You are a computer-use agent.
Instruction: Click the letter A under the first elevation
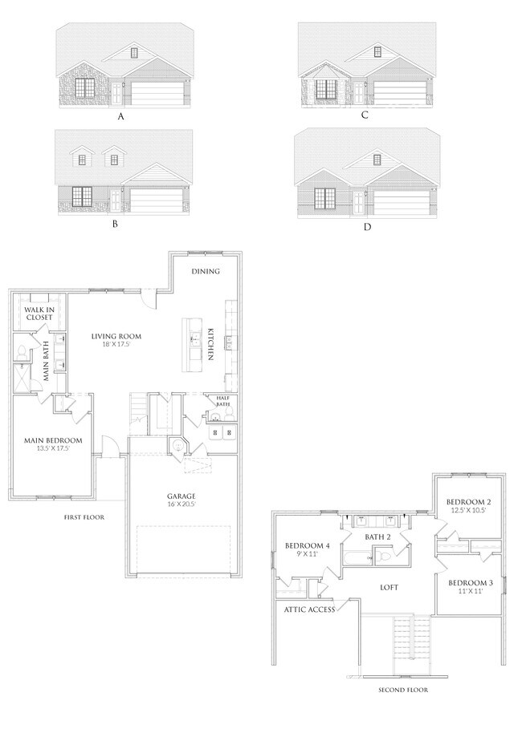(121, 117)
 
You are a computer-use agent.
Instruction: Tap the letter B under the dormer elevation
(115, 225)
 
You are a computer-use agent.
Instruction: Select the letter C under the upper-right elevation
(365, 115)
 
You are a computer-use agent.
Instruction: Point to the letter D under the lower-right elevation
(367, 227)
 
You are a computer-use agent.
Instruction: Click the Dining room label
(206, 271)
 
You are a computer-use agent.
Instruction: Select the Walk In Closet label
(39, 313)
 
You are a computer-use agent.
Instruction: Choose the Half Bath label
(222, 400)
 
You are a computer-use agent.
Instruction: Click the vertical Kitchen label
(210, 343)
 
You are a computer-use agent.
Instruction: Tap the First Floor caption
(84, 517)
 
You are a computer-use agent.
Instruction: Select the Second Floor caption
(403, 690)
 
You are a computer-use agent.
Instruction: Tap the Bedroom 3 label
(469, 586)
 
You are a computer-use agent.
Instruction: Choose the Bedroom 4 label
(308, 550)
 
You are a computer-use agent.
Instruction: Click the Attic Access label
(308, 609)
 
